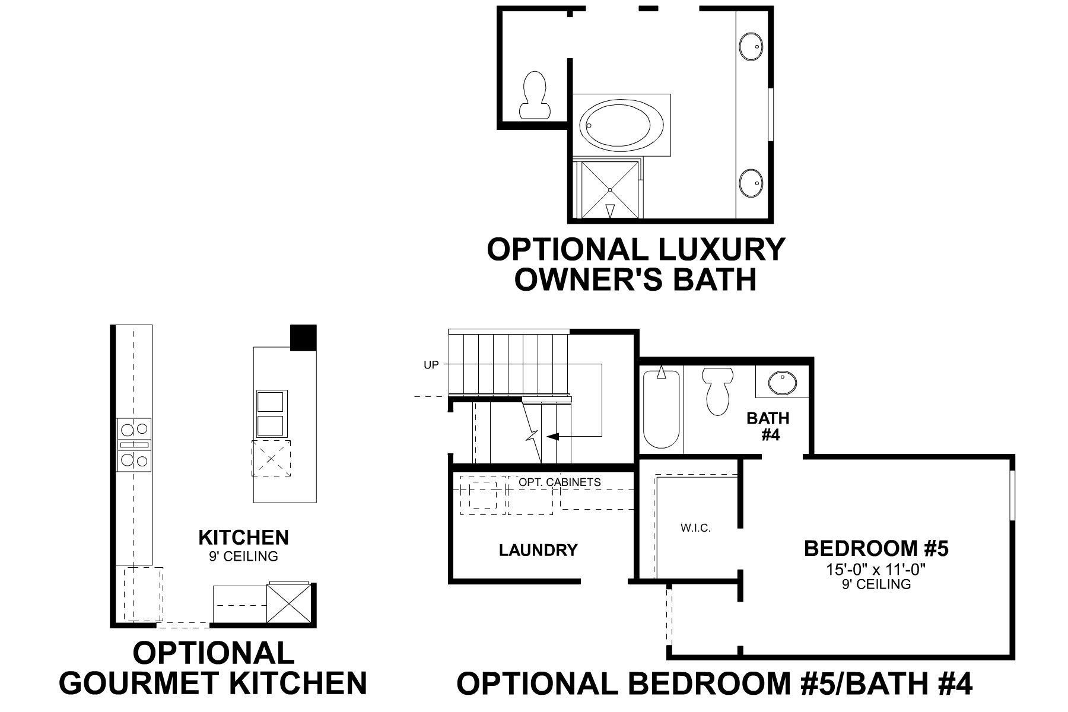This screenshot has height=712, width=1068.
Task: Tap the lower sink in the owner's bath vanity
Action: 751,183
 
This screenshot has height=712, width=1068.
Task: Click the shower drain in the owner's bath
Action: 610,189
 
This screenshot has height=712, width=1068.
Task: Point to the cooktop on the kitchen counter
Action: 134,444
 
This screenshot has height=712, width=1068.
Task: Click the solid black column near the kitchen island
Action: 303,338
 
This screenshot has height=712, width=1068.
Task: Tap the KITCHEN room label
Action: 243,538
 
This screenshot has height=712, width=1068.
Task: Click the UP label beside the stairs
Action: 431,365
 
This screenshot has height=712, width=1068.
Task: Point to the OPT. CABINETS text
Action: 560,482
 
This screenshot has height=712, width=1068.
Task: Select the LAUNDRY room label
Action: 538,550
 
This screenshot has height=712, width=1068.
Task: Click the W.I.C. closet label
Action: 695,528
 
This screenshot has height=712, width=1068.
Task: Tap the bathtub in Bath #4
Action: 662,409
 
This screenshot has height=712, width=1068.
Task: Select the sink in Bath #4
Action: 783,383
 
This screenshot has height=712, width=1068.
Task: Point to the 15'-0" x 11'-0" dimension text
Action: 876,570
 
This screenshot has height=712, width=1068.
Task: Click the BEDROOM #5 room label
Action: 876,548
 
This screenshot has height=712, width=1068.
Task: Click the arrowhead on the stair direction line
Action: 552,437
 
